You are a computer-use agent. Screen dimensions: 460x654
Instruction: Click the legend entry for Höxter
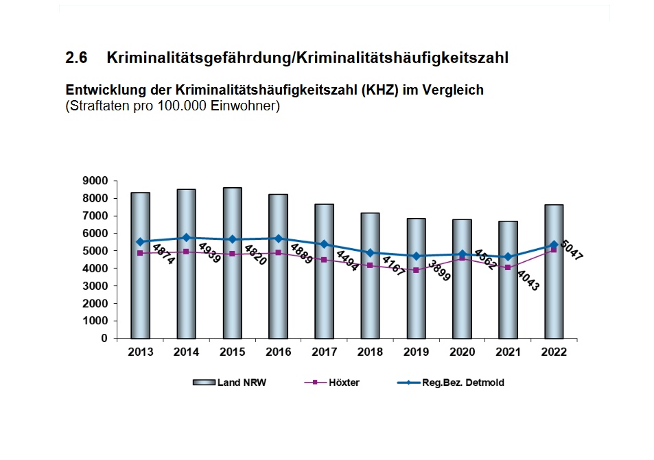pyautogui.click(x=343, y=383)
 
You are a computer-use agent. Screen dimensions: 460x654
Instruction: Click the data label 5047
pyautogui.click(x=572, y=252)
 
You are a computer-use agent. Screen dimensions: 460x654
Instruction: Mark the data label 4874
pyautogui.click(x=163, y=254)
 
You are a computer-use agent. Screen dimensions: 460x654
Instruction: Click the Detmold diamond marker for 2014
pyautogui.click(x=186, y=237)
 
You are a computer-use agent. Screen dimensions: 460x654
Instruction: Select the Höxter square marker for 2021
pyautogui.click(x=508, y=267)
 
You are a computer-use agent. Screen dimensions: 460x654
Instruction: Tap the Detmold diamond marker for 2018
pyautogui.click(x=370, y=253)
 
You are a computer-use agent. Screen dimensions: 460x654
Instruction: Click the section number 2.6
pyautogui.click(x=76, y=58)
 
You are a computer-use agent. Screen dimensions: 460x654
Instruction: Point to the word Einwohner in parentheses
pyautogui.click(x=244, y=106)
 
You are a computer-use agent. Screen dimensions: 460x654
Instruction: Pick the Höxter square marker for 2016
pyautogui.click(x=278, y=252)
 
